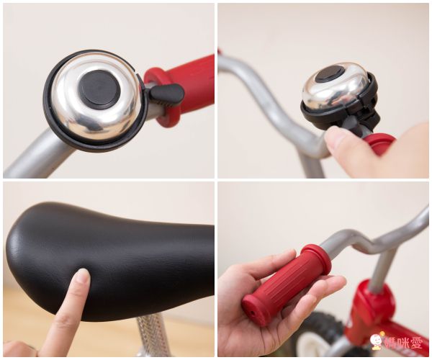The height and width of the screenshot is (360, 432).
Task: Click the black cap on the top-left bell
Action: [x=99, y=88]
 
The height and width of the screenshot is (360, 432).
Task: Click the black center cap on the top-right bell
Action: [x=330, y=73]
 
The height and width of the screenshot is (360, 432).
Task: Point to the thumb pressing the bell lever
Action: [x=338, y=141]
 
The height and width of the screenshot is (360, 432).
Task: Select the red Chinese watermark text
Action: [x=404, y=343]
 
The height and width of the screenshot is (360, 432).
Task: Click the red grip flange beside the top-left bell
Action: [x=163, y=97]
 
